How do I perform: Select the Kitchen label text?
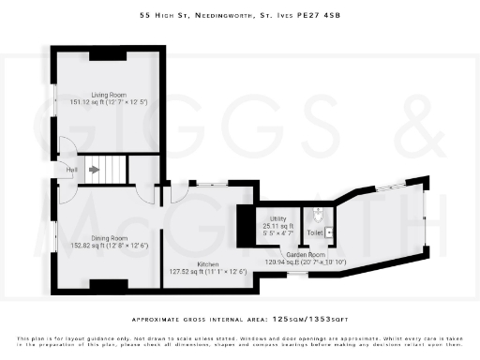208,264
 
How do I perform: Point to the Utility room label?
277,219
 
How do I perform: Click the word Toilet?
314,232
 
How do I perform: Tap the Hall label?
71,170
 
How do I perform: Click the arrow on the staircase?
94,170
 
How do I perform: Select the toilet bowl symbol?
319,213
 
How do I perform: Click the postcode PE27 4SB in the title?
321,15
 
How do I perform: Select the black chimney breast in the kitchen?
244,224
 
